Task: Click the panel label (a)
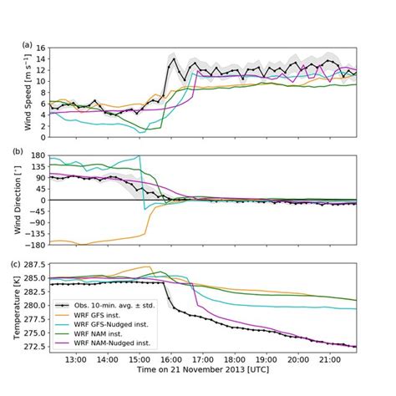tap(28, 44)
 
